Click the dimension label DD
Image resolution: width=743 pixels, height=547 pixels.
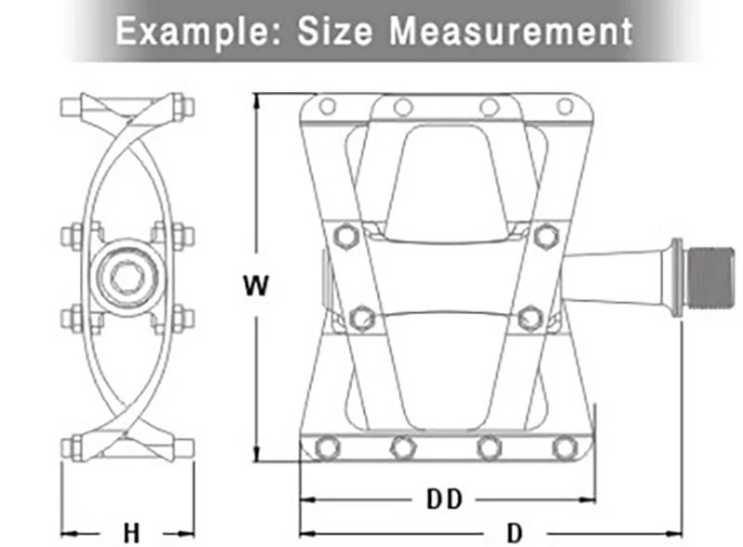[444, 499]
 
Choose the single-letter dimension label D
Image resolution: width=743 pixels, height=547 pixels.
[513, 533]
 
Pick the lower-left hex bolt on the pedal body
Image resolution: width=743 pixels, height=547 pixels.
[361, 318]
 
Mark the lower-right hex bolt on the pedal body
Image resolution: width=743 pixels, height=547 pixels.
[530, 318]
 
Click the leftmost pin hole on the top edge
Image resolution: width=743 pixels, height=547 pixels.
[327, 107]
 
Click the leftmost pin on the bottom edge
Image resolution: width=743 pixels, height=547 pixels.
[325, 448]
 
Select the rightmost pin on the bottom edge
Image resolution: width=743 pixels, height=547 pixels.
[563, 448]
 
